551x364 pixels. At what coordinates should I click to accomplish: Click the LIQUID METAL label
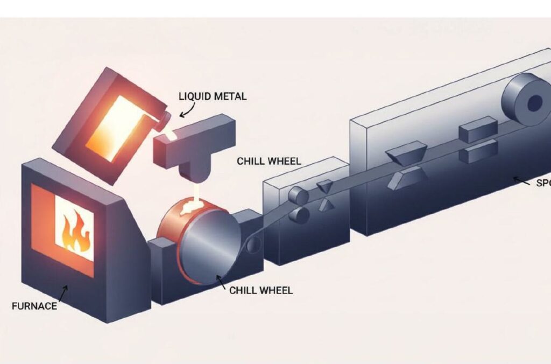[212, 97]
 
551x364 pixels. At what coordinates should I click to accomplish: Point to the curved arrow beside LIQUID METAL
[187, 111]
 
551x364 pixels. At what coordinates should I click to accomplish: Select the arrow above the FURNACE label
[63, 293]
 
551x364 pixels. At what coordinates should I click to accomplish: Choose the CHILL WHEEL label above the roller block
[269, 161]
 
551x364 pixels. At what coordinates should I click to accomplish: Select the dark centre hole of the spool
[534, 103]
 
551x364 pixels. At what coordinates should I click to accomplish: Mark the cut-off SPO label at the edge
[543, 183]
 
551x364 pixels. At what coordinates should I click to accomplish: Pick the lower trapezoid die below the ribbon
[405, 177]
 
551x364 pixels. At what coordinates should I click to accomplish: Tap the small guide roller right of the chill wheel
[253, 245]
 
